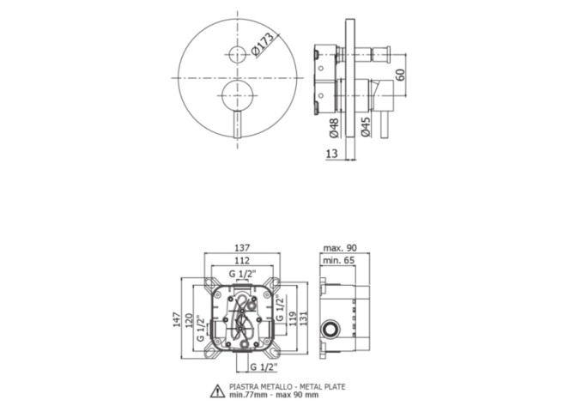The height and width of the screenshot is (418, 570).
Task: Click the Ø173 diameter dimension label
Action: [262, 45]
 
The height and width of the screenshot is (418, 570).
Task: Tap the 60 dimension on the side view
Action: [400, 75]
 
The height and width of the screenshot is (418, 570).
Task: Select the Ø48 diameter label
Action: [334, 128]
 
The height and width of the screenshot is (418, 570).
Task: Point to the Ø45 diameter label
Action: [366, 127]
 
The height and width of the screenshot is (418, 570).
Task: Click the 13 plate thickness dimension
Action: [331, 154]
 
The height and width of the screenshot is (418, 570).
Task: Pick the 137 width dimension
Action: [242, 248]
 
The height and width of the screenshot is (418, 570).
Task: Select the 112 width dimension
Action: [242, 260]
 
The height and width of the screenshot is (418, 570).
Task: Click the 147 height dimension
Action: [177, 319]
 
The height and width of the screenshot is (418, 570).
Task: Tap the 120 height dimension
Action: [189, 320]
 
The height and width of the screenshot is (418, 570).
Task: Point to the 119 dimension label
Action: [294, 318]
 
